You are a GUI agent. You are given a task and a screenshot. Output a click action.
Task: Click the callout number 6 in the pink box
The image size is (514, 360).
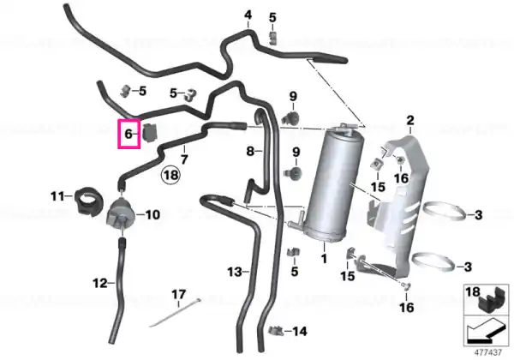[x=128, y=134]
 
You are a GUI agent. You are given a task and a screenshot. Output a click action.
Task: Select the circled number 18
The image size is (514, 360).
[x=170, y=175]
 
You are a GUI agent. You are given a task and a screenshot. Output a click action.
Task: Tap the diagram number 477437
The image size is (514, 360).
[x=488, y=352]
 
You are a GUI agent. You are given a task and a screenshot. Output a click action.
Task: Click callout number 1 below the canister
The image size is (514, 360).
[x=324, y=259]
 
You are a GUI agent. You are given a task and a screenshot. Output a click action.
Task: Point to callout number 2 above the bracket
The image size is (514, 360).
[x=410, y=121]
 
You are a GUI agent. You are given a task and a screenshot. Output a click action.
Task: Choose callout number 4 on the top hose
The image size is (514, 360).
[x=248, y=15]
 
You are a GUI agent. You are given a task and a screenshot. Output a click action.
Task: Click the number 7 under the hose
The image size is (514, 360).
[x=184, y=159]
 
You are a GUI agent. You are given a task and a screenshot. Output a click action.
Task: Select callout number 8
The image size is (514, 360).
[x=250, y=151]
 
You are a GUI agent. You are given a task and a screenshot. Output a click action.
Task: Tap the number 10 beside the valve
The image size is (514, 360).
[x=152, y=215]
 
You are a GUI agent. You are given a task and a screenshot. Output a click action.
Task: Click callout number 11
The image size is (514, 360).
[x=57, y=196]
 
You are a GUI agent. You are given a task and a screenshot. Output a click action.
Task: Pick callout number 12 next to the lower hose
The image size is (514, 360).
[x=100, y=283]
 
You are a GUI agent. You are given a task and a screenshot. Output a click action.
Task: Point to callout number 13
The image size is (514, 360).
[x=235, y=272]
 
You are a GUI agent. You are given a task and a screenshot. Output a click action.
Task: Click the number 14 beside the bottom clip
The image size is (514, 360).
[x=300, y=332]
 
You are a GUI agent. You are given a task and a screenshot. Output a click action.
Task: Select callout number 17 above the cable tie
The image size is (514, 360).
[x=179, y=294]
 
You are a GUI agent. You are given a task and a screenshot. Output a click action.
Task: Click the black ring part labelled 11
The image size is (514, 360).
[x=88, y=201]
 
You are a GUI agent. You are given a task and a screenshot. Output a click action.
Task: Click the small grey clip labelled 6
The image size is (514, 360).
[x=150, y=133]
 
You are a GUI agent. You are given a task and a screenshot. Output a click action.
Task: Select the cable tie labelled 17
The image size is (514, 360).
[x=175, y=313]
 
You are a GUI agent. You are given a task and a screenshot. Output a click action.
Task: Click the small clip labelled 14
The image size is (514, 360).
[x=276, y=331]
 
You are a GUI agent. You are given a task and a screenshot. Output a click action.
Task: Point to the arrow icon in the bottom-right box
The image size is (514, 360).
[x=486, y=331]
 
